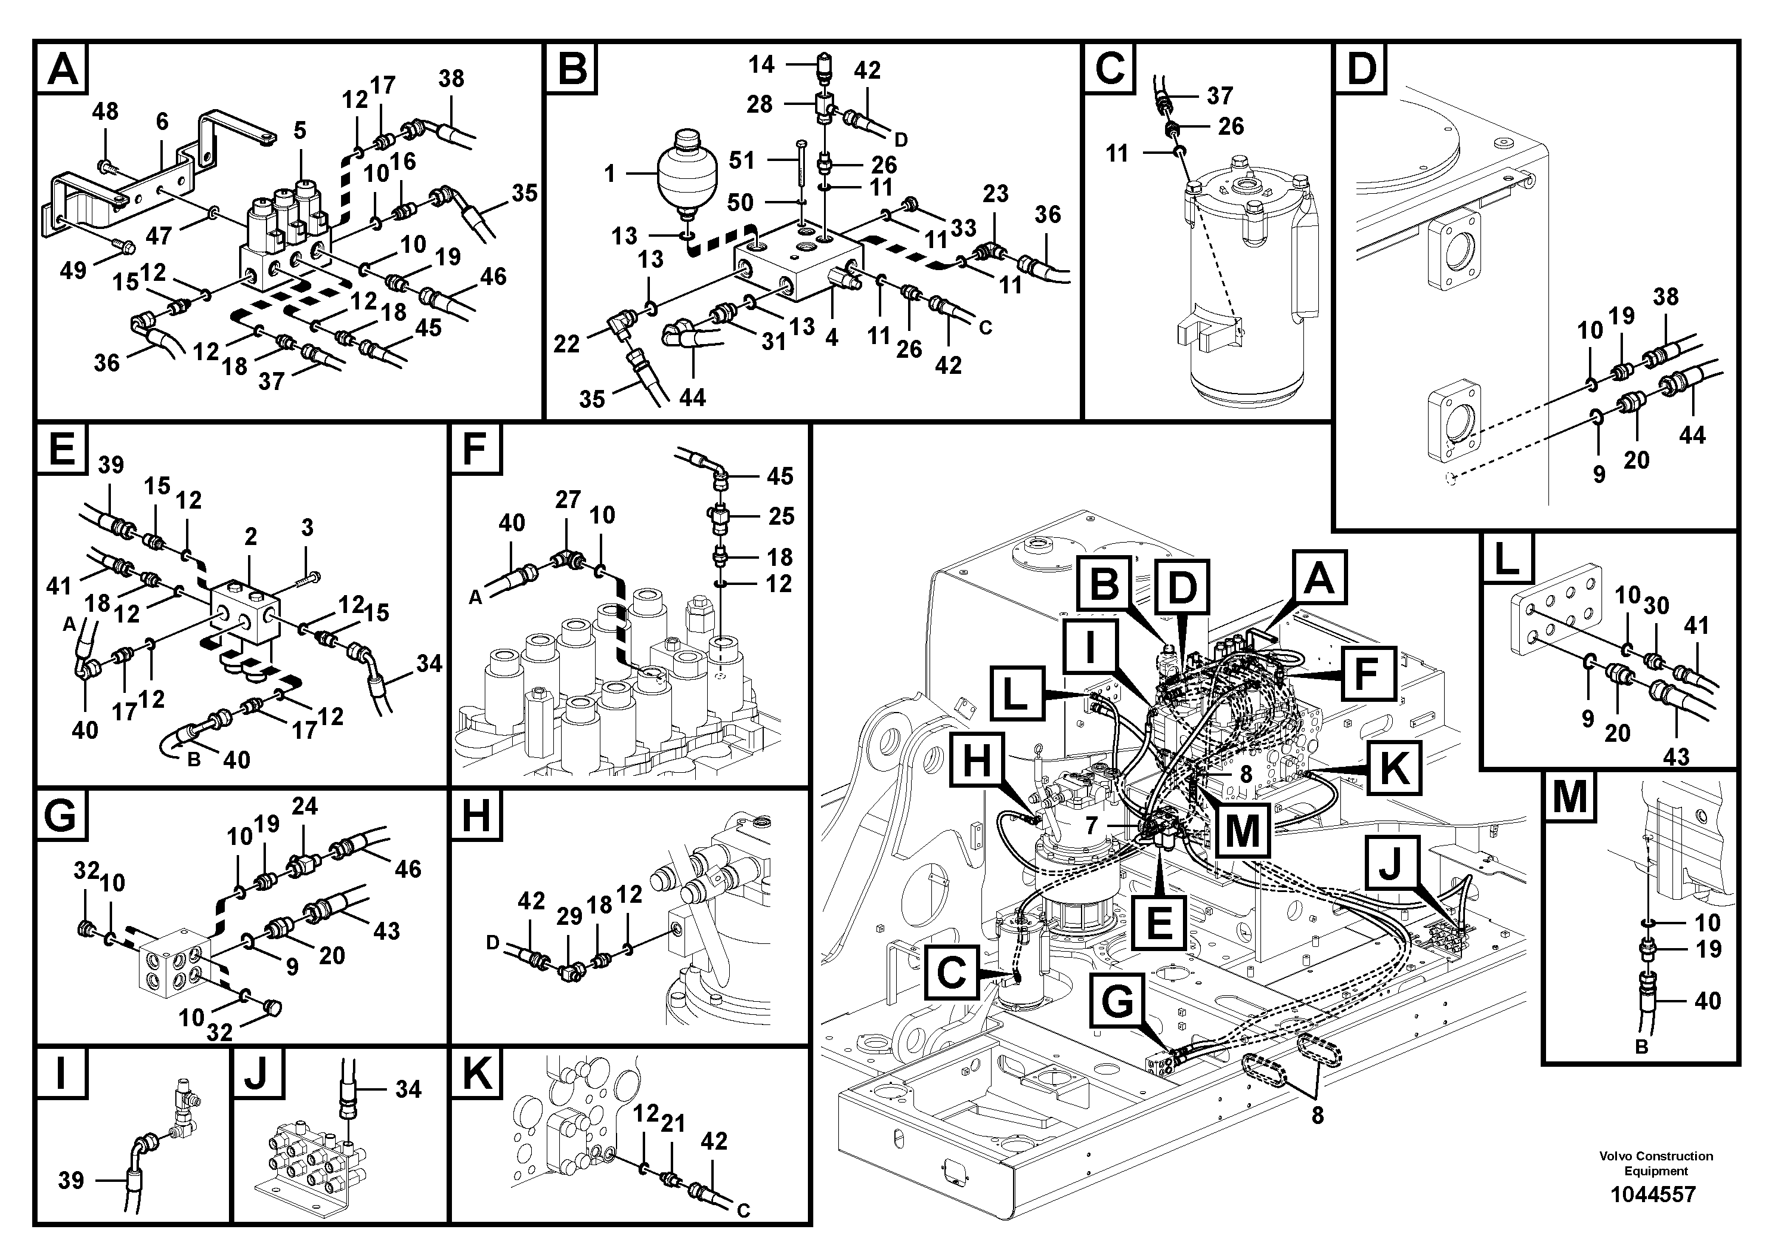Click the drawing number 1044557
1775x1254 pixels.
pos(1652,1194)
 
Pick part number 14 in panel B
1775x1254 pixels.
pos(761,64)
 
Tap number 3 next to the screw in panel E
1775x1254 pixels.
pos(307,528)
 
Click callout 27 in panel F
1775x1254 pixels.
pos(568,500)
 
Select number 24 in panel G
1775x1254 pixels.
pos(305,806)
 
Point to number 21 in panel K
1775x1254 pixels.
pos(673,1123)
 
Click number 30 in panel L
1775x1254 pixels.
pos(1656,605)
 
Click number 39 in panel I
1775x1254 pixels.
pos(71,1181)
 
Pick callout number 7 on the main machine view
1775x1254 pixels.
pos(1091,826)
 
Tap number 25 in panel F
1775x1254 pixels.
pos(781,516)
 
